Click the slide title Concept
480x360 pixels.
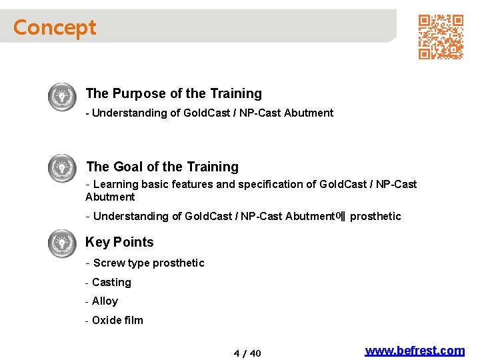55,27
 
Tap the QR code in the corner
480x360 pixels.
441,37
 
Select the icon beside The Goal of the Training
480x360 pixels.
63,168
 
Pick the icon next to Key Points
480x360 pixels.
63,243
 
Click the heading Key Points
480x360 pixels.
119,243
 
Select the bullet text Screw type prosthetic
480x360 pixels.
149,263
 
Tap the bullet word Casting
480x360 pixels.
111,283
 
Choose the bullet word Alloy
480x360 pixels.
105,301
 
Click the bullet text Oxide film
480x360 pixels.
117,321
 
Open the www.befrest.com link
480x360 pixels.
415,351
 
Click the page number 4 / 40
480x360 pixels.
247,353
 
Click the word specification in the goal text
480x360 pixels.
264,185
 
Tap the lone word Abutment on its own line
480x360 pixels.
110,197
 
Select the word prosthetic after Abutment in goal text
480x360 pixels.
375,217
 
